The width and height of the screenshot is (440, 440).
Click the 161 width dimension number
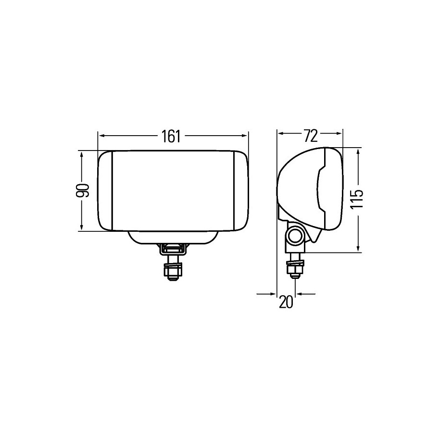point(171,136)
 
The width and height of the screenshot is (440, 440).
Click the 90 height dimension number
point(83,191)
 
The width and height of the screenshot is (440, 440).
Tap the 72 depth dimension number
point(311,136)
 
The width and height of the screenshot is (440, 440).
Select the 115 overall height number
point(357,199)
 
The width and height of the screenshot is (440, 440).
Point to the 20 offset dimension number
point(286,302)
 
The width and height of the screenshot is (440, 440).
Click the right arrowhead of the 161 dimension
point(244,136)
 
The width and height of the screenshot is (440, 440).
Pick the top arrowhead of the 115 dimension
point(358,153)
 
